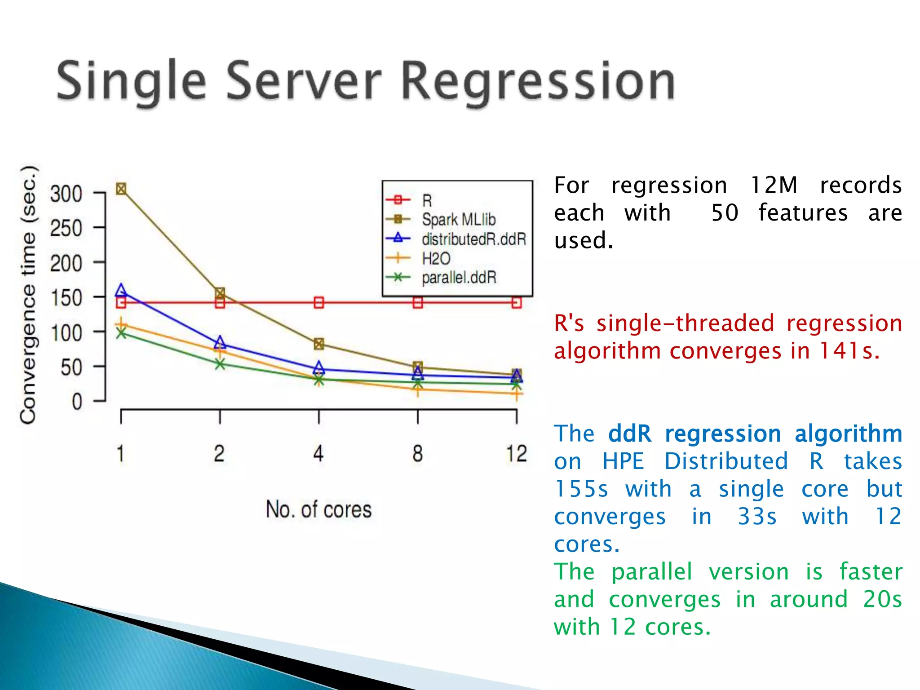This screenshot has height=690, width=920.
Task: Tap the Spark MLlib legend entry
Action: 458,220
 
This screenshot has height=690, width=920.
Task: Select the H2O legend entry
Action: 436,258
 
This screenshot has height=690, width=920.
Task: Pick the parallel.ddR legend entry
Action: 459,278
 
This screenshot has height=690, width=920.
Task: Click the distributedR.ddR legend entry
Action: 473,239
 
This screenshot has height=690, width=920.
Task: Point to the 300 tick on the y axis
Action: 66,194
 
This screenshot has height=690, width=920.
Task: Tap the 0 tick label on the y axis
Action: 77,402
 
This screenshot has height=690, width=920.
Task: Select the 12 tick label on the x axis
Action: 516,454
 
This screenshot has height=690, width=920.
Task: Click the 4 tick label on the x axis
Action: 318,454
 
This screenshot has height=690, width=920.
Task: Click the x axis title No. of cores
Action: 318,510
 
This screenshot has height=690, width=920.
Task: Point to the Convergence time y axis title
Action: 28,294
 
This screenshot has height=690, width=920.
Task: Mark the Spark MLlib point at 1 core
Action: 121,189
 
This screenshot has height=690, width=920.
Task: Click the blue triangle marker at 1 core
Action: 121,291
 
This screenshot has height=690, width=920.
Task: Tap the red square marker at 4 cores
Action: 318,302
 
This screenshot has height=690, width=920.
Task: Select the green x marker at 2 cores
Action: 220,364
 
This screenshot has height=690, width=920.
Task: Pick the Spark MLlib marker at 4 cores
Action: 318,344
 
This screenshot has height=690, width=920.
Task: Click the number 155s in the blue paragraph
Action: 581,489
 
